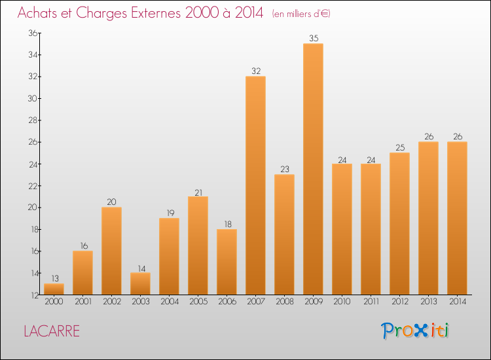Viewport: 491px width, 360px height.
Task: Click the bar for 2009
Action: pos(313,169)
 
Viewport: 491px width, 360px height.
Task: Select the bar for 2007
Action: pos(255,185)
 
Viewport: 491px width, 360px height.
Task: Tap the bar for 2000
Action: pos(54,289)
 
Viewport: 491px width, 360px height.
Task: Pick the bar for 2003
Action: pos(140,283)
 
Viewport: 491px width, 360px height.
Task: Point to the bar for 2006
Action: pos(227,262)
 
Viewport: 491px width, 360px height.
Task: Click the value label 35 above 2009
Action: pos(313,39)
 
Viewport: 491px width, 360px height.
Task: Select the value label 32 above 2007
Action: pos(255,71)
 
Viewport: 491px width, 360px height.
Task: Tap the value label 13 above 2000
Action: pos(54,279)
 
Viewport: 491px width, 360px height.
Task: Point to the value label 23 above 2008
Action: pos(284,170)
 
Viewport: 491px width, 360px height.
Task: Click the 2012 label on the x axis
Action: pos(399,301)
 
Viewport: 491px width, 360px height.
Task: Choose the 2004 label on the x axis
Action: pos(169,301)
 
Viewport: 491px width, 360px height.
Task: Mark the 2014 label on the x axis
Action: pos(457,301)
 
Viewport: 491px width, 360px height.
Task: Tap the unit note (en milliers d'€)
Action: pos(302,14)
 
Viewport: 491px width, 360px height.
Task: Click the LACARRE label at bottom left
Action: pos(51,331)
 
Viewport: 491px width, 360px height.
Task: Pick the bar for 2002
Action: pos(111,251)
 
